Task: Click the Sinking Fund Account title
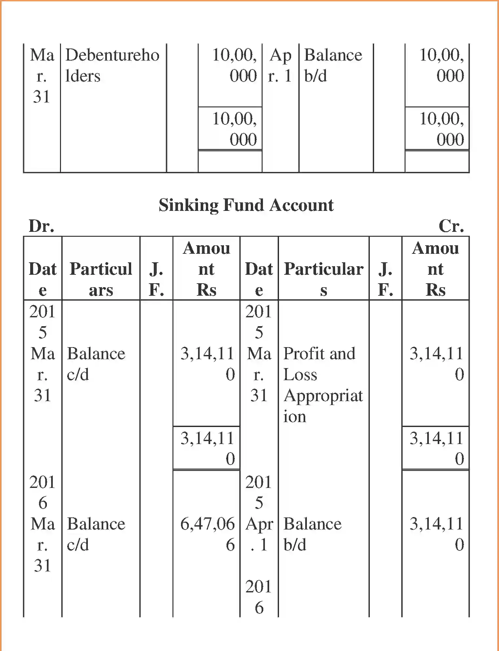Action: [246, 205]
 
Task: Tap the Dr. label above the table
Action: [41, 226]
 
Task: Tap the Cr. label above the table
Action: [451, 226]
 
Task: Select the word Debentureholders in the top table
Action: [112, 65]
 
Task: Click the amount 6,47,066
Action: [207, 534]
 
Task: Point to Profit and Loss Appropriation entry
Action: [323, 385]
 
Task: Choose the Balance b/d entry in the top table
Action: [333, 65]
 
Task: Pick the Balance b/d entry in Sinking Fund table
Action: [312, 534]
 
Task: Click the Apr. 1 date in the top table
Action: [280, 65]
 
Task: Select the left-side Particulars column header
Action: [101, 279]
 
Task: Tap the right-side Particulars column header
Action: [323, 279]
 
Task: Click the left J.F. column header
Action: [156, 279]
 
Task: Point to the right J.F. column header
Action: [385, 279]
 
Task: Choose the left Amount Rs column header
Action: [206, 269]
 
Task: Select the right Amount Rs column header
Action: [435, 269]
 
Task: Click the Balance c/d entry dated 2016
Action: [96, 534]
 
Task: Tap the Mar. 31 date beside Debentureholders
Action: [42, 76]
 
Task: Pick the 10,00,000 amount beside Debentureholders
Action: [234, 65]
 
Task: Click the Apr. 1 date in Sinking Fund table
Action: [259, 534]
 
